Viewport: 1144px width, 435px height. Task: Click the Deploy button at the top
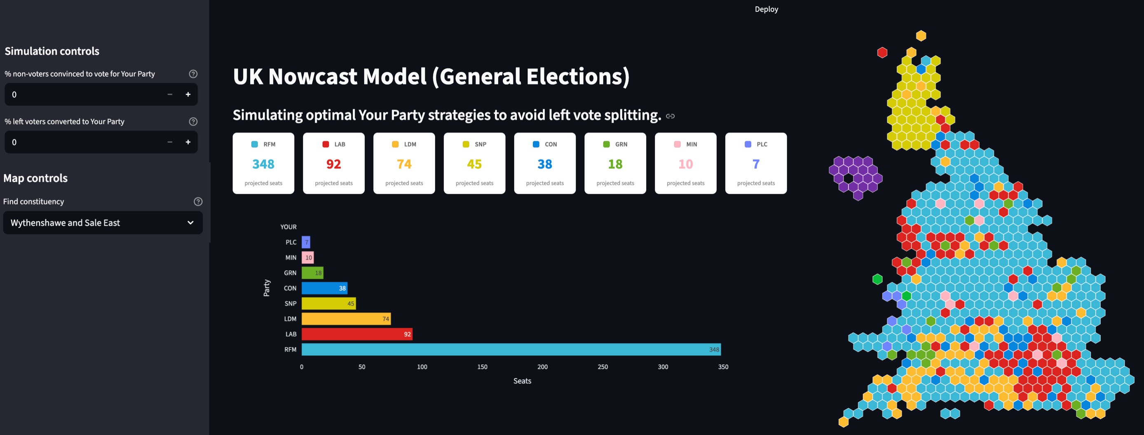coord(766,9)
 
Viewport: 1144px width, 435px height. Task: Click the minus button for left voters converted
coord(170,142)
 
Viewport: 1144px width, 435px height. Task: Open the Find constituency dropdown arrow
coord(190,223)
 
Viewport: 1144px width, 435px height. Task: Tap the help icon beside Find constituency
coord(198,201)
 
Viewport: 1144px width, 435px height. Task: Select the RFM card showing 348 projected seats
coord(263,164)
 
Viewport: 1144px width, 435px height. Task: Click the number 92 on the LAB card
coord(333,164)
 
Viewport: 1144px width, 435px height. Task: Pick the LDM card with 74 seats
coord(404,164)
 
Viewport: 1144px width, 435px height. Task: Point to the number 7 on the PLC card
coord(756,164)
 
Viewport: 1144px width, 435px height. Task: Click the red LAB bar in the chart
coord(356,334)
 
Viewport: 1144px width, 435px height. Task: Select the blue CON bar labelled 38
coord(324,288)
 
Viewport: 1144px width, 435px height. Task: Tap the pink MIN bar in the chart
coord(308,257)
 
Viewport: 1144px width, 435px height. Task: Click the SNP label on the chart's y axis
coord(291,304)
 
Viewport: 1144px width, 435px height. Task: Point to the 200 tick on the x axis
coord(542,367)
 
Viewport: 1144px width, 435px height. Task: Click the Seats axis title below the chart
coord(522,381)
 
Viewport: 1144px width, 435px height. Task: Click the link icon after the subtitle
coord(670,116)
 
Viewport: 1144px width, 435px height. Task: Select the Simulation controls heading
coord(52,51)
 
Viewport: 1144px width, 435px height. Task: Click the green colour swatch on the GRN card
coord(606,144)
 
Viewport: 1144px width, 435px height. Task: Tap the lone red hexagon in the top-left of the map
coord(882,52)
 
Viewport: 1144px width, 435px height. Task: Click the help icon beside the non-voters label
coord(193,74)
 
